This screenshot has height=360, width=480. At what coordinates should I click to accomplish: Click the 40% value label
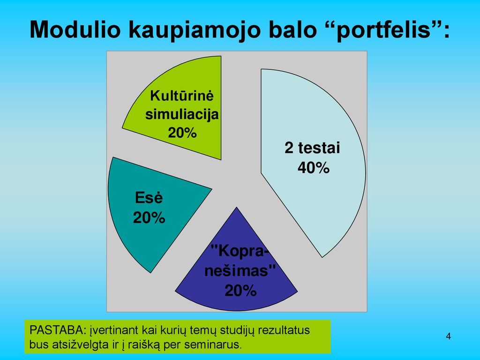tap(314, 168)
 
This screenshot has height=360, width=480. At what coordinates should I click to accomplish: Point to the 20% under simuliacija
tap(182, 133)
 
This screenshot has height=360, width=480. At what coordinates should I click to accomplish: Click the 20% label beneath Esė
tap(149, 218)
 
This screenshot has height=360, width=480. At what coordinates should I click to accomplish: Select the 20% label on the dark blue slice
tap(240, 291)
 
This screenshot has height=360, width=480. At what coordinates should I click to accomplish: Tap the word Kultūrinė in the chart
tap(182, 96)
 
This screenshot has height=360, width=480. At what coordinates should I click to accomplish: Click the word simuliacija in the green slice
tap(182, 114)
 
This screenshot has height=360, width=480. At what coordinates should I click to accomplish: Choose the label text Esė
tap(149, 198)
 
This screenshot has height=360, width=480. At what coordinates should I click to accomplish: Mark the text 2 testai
tap(312, 148)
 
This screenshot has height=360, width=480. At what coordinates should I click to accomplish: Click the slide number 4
tap(449, 336)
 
